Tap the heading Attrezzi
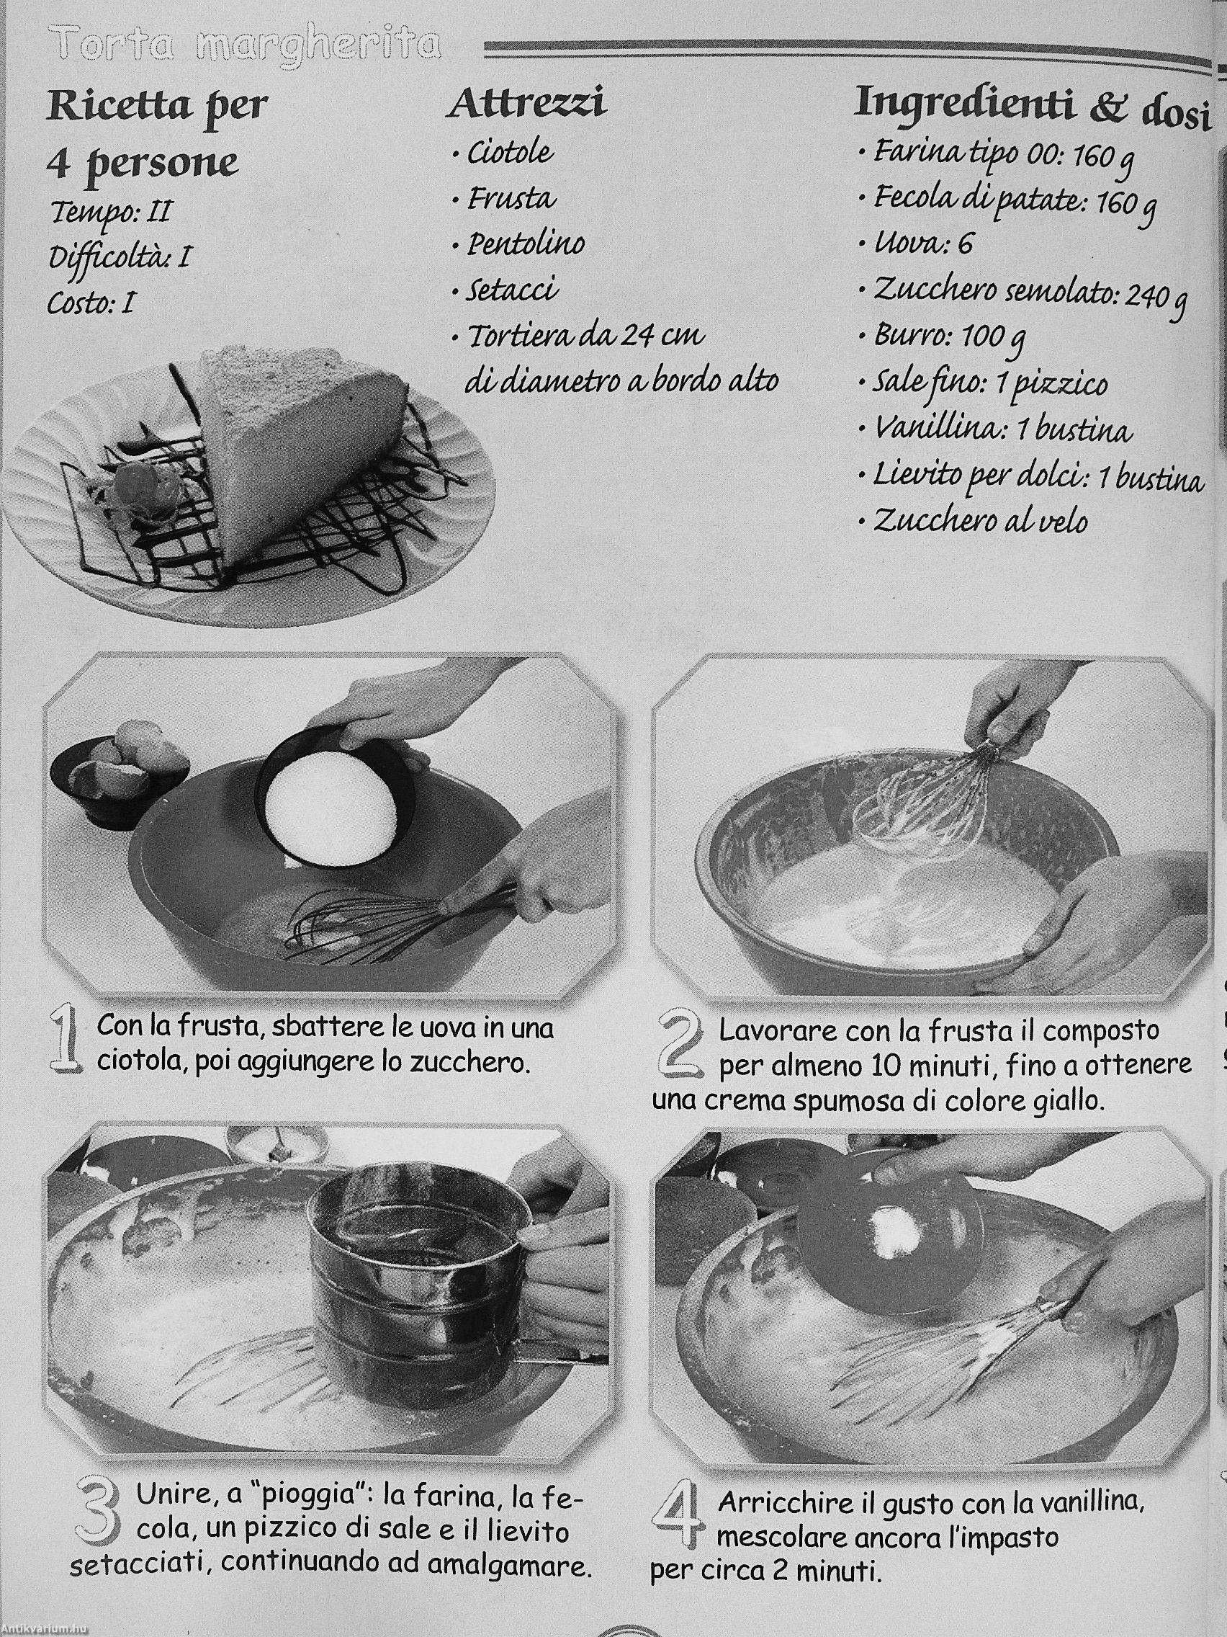(527, 103)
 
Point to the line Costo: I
(90, 303)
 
